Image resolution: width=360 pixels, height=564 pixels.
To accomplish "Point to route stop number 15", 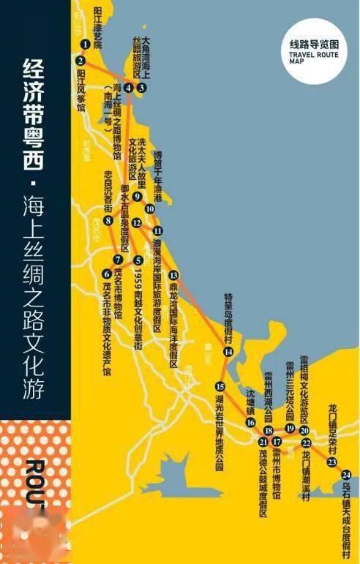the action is [x=220, y=386].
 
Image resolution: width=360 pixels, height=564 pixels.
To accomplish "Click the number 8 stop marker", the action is [x=107, y=219].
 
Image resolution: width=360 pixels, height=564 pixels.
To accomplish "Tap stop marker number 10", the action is [x=150, y=208].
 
